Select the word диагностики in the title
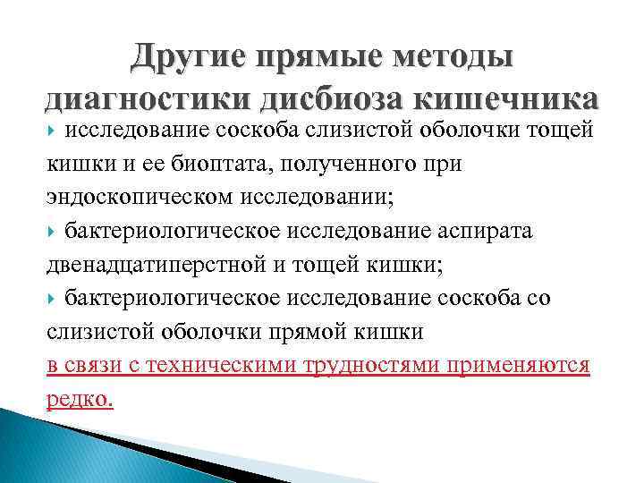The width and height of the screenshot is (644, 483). tap(138, 98)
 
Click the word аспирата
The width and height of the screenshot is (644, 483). tap(482, 232)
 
